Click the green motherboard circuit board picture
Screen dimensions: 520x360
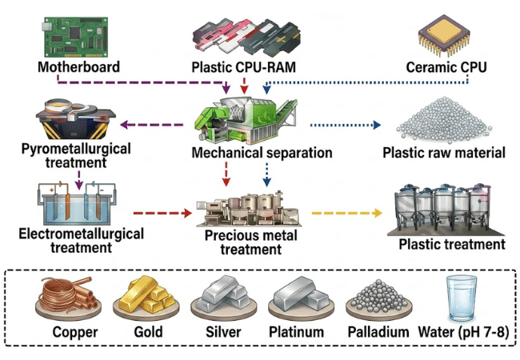75,37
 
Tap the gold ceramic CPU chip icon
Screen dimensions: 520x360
444,35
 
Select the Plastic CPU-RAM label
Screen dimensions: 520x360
244,67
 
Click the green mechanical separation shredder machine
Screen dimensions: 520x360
246,120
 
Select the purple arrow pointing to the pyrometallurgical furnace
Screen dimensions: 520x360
151,125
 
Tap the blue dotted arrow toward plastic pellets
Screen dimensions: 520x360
346,125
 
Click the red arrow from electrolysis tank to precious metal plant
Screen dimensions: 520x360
162,213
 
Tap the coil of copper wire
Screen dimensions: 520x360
68,296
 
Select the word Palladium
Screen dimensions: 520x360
378,332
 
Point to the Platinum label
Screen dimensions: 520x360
297,332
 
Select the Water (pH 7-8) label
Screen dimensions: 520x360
464,332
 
